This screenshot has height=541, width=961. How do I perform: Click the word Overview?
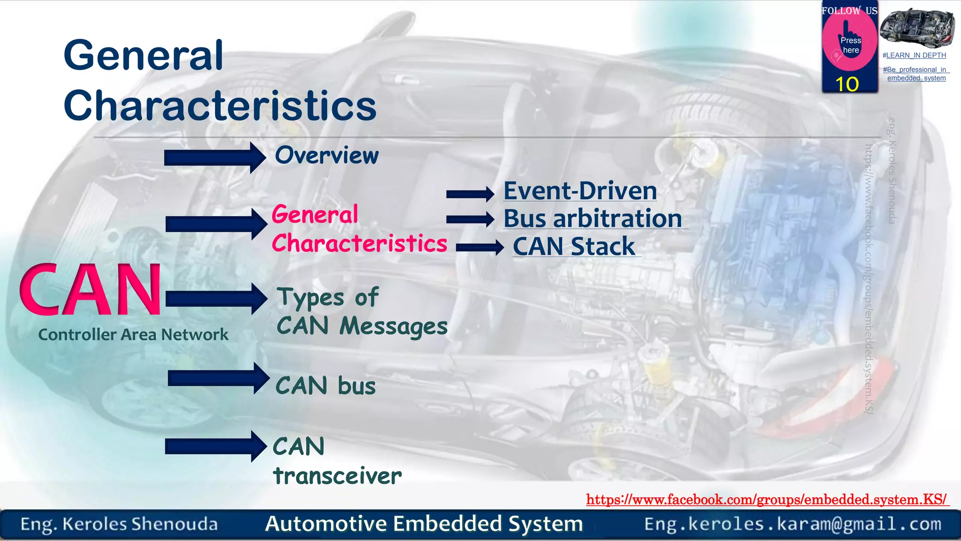coord(327,155)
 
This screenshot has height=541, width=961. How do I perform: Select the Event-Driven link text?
coord(580,191)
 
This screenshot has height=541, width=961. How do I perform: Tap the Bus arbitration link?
coord(593,219)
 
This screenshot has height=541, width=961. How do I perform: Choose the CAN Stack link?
coord(574,247)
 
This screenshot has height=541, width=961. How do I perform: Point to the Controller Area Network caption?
coord(133,335)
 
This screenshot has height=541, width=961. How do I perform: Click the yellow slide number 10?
coord(847,85)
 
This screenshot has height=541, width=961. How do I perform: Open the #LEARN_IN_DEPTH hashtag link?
coord(914,55)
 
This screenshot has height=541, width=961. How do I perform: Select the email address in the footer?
coord(793,524)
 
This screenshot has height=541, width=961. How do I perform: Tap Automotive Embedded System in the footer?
coord(424,524)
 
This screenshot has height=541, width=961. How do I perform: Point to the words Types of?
coord(328,297)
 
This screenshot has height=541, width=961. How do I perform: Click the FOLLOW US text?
coord(849,10)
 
